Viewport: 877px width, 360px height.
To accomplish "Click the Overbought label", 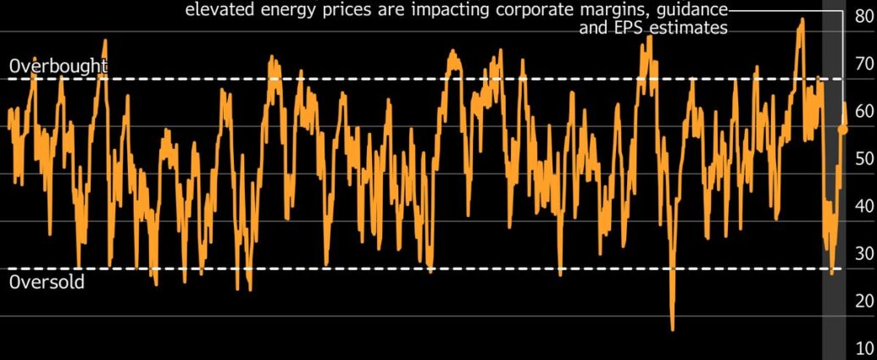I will [58, 66].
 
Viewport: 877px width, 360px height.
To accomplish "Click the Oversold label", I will [47, 283].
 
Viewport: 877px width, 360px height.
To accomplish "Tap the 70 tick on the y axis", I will [863, 64].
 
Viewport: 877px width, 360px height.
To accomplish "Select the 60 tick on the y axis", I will [863, 111].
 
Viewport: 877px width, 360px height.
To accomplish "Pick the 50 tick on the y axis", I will [863, 158].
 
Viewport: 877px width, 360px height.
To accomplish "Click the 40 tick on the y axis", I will [863, 206].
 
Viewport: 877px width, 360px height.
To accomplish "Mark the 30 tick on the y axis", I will [863, 253].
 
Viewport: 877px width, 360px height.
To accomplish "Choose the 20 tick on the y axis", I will [863, 301].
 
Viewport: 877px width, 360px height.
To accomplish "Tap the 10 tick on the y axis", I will [863, 348].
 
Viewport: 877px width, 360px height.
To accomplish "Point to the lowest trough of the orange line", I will [673, 329].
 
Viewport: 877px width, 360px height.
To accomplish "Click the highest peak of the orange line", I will [801, 19].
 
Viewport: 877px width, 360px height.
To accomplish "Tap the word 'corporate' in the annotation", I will [542, 11].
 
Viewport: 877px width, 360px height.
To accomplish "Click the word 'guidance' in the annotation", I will [691, 11].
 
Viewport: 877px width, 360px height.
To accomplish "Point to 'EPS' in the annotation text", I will [620, 28].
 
